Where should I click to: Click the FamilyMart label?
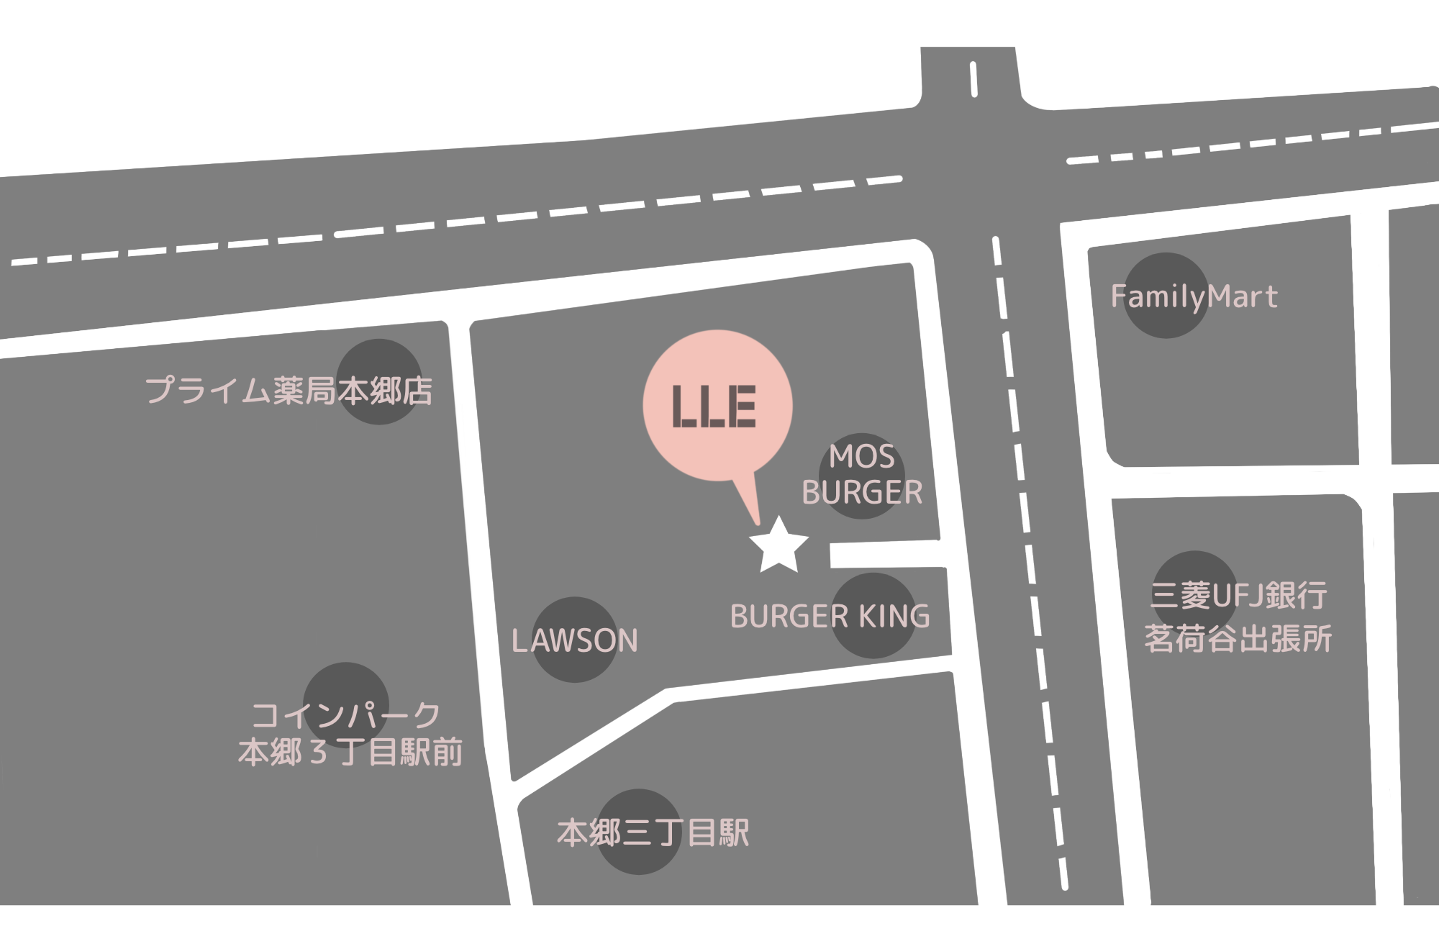[x=1194, y=297]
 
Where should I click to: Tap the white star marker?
[x=778, y=546]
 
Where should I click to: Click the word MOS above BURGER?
[x=861, y=457]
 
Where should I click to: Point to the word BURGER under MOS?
[x=862, y=493]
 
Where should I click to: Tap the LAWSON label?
[x=574, y=641]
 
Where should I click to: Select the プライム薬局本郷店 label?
[x=289, y=391]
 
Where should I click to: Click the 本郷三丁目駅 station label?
[x=653, y=833]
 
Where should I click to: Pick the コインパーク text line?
[x=346, y=716]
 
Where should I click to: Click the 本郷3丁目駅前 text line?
[x=350, y=753]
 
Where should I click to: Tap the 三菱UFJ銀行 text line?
[x=1238, y=596]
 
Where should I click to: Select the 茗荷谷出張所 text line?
[x=1238, y=638]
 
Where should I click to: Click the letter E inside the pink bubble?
[x=742, y=407]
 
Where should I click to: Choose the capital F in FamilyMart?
[x=1117, y=296]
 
